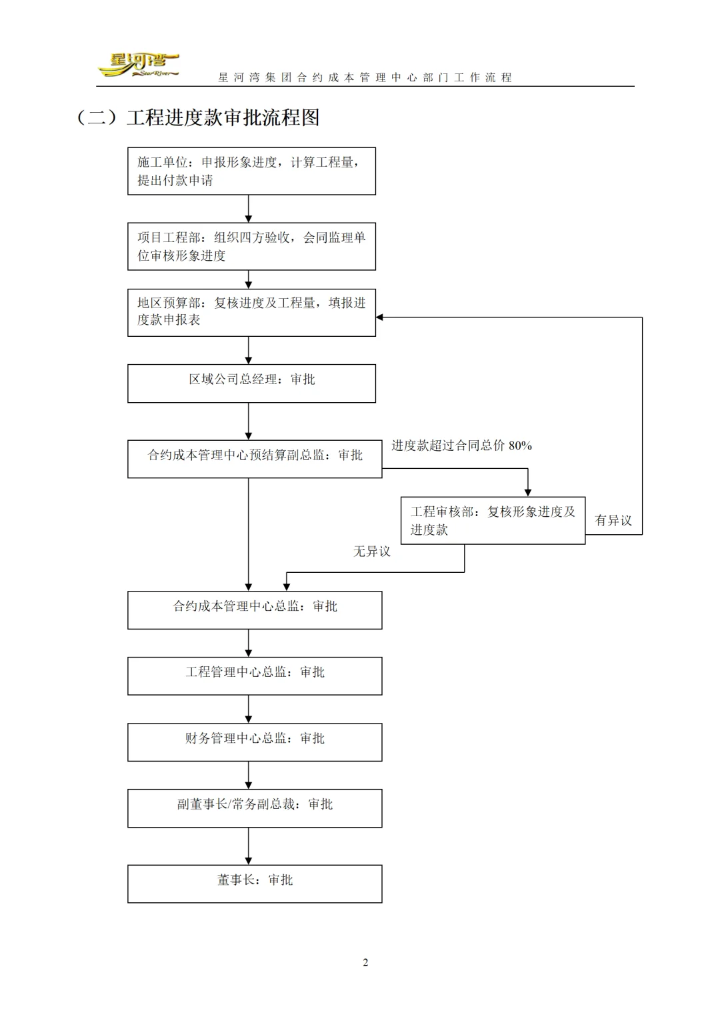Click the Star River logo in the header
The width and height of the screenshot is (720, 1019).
pyautogui.click(x=138, y=65)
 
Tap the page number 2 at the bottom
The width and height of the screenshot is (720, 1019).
pyautogui.click(x=365, y=962)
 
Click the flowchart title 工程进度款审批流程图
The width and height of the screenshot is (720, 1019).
pyautogui.click(x=223, y=117)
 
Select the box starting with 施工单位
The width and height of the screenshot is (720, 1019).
pyautogui.click(x=251, y=171)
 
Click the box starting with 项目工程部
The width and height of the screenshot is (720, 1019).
pyautogui.click(x=251, y=246)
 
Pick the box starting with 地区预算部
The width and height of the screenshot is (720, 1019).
pyautogui.click(x=251, y=312)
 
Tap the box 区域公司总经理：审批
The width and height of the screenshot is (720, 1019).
pyautogui.click(x=251, y=383)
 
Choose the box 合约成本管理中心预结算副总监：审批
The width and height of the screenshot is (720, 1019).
pyautogui.click(x=255, y=459)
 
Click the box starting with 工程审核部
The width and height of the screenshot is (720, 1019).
pyautogui.click(x=493, y=520)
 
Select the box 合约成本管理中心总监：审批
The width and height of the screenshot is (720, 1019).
pyautogui.click(x=255, y=610)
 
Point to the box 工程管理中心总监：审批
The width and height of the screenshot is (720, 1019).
pyautogui.click(x=255, y=676)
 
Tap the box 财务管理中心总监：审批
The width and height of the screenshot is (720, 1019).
pyautogui.click(x=255, y=742)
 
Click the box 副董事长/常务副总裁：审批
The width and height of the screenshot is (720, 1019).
pyautogui.click(x=255, y=808)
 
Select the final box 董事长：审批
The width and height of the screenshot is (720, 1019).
pyautogui.click(x=255, y=884)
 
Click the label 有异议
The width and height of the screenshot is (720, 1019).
pyautogui.click(x=613, y=520)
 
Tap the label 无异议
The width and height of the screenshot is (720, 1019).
pyautogui.click(x=371, y=552)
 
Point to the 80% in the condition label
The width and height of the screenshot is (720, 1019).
pyautogui.click(x=520, y=445)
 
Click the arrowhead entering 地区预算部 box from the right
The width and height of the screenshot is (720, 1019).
pyautogui.click(x=380, y=317)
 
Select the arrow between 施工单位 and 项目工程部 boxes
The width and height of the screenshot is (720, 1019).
pyautogui.click(x=249, y=209)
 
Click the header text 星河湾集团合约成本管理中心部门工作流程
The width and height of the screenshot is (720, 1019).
pyautogui.click(x=365, y=77)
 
